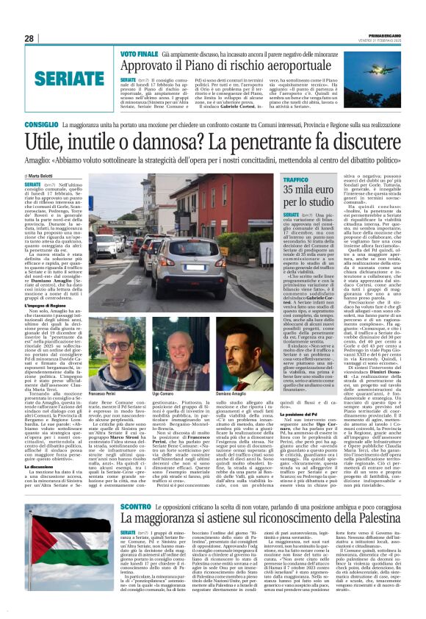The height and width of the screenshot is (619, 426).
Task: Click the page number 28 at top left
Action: (x=29, y=39)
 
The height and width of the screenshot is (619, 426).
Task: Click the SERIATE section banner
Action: (x=59, y=76)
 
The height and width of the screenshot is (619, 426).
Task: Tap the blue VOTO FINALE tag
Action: (x=139, y=55)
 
